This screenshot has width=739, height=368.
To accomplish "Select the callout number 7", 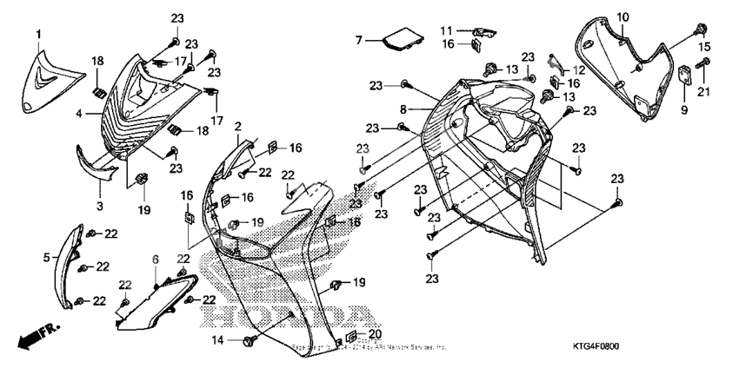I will click(x=357, y=40).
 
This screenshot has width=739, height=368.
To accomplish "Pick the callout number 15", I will click(x=705, y=47).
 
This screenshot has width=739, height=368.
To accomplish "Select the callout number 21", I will click(x=705, y=93).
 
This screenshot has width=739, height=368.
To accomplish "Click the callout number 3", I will click(x=99, y=206).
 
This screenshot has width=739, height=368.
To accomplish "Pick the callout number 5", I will click(x=46, y=257).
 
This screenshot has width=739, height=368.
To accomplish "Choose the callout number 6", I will click(x=156, y=260).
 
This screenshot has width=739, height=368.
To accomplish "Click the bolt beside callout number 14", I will click(x=250, y=341).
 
